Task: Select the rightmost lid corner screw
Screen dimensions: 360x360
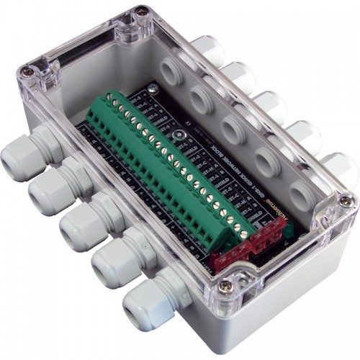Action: coord(346,201)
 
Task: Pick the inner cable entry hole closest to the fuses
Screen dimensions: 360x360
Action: coord(300,194)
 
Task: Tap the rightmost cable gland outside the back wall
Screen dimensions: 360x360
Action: coord(338,170)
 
